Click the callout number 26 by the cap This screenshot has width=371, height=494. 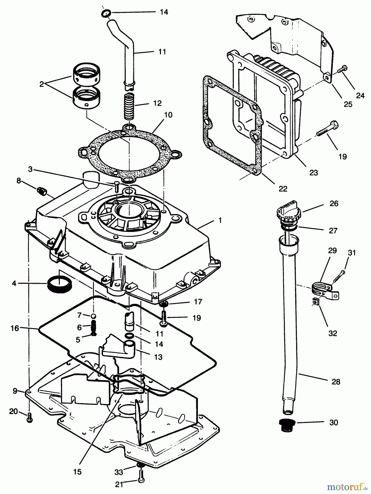coord(334,204)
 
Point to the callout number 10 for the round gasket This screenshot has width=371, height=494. coord(168,115)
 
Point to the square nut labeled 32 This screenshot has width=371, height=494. coord(316,302)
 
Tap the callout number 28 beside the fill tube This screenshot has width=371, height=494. coord(336,382)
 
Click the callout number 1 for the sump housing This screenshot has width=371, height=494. coord(220,220)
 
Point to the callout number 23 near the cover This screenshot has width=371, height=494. coord(313,173)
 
